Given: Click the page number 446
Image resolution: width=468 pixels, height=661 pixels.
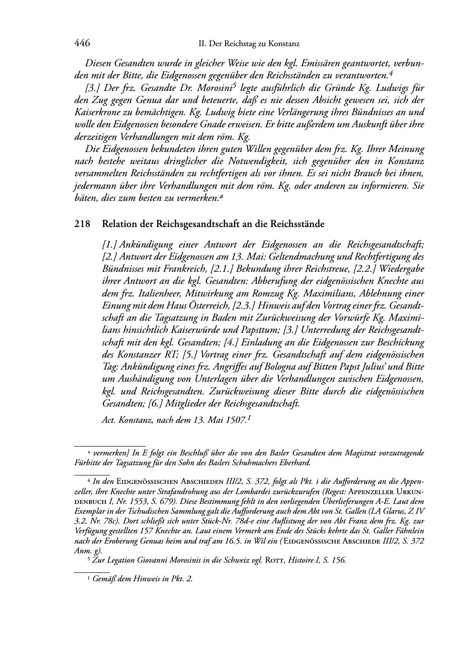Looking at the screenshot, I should (x=82, y=43).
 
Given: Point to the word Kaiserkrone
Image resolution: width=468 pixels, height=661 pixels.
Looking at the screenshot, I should (x=96, y=112).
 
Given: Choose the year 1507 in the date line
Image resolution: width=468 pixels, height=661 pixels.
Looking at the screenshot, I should (x=236, y=420).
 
